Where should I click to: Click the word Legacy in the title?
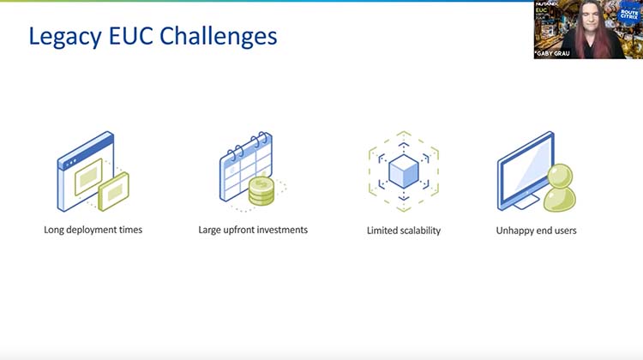pyautogui.click(x=64, y=36)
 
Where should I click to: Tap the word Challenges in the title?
pyautogui.click(x=223, y=36)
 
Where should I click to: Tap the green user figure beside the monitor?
pyautogui.click(x=560, y=188)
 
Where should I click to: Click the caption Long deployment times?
pyautogui.click(x=93, y=230)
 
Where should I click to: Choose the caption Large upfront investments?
pyautogui.click(x=253, y=230)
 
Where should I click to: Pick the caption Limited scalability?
pyautogui.click(x=403, y=231)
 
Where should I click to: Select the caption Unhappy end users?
pyautogui.click(x=536, y=231)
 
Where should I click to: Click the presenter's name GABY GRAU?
pyautogui.click(x=556, y=52)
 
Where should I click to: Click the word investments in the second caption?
pyautogui.click(x=280, y=230)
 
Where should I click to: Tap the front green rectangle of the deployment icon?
pyautogui.click(x=114, y=190)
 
